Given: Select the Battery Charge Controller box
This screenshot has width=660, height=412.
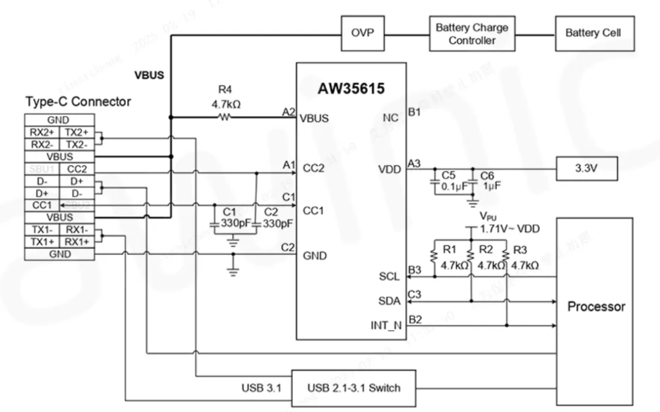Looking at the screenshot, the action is tap(471, 34).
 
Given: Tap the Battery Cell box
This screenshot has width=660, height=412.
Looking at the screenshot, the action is tap(593, 33).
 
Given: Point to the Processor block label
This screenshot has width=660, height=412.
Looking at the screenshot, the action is tap(596, 306).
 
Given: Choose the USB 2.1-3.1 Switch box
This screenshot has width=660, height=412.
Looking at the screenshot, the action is tap(354, 388).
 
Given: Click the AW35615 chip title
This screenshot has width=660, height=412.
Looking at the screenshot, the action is tap(351, 89).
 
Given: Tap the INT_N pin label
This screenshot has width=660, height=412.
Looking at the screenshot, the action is tap(386, 325).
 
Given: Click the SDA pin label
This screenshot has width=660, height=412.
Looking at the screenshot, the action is tap(389, 301).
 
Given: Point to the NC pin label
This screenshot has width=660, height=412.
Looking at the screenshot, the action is tap(392, 118).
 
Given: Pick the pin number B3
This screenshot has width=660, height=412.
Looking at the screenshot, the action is tap(414, 269).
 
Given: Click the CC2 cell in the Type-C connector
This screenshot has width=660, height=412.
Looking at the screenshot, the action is tap(76, 169).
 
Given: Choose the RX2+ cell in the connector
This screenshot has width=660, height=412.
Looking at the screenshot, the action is tap(42, 132).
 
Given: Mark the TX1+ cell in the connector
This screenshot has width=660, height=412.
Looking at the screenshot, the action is tap(42, 242).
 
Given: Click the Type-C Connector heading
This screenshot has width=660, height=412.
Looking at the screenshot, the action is tap(78, 101).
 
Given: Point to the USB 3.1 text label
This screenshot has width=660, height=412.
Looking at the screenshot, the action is tap(262, 388).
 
